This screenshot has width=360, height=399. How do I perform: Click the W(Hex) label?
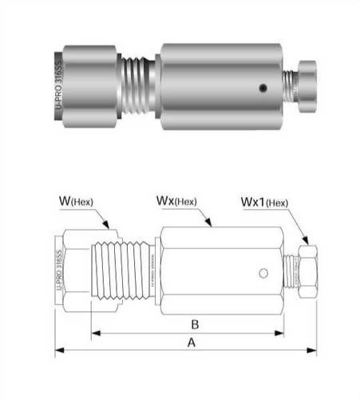76,201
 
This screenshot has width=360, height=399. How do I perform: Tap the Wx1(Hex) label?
263,202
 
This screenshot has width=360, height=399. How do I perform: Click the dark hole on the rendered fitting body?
261,89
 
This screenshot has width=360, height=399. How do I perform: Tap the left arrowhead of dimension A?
57,350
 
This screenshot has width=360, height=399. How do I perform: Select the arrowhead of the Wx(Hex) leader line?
209,227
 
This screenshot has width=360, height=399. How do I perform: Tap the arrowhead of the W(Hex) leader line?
117,234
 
